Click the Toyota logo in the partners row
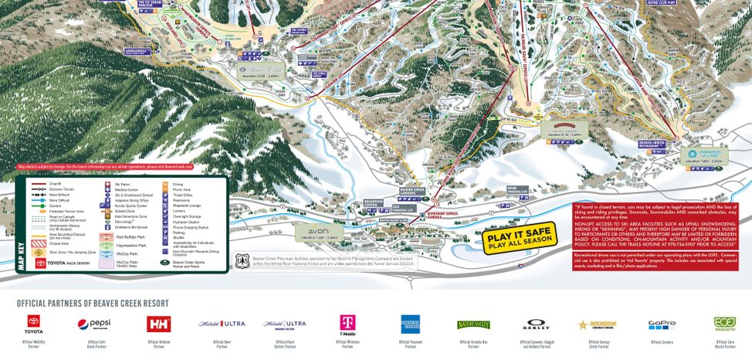pos(36,322)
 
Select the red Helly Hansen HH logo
pos(158,323)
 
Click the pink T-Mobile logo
pos(347,323)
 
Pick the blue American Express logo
pos(409,323)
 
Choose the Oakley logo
pos(537,324)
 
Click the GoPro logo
pos(662,324)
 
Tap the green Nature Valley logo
pos(473,324)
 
